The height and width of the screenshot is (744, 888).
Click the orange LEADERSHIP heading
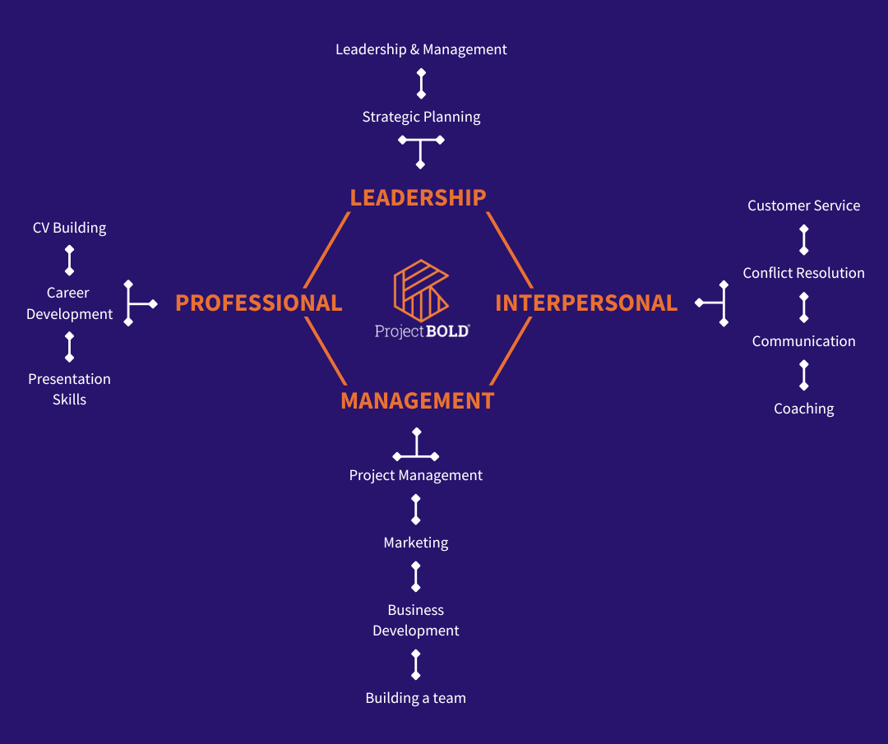pyautogui.click(x=418, y=197)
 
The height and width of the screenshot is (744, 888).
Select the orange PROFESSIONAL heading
pyautogui.click(x=258, y=303)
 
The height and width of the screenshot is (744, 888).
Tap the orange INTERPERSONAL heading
pyautogui.click(x=586, y=303)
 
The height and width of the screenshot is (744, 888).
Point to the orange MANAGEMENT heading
pyautogui.click(x=417, y=400)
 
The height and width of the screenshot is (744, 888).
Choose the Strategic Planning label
pyautogui.click(x=421, y=117)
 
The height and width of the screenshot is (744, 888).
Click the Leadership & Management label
pyautogui.click(x=421, y=49)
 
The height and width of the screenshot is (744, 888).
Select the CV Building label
pyautogui.click(x=69, y=228)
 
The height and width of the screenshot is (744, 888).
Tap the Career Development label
pyautogui.click(x=69, y=303)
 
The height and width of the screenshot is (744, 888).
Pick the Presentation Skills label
pyautogui.click(x=69, y=389)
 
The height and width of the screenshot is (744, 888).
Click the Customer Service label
pyautogui.click(x=803, y=206)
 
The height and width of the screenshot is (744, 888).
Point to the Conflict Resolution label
pyautogui.click(x=803, y=273)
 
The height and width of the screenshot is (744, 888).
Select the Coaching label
pyautogui.click(x=803, y=409)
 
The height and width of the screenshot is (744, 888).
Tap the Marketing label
pyautogui.click(x=415, y=543)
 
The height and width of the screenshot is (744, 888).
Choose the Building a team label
pyautogui.click(x=415, y=698)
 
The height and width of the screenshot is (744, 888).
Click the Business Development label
pyautogui.click(x=415, y=620)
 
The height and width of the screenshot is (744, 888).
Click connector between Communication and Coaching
pyautogui.click(x=804, y=375)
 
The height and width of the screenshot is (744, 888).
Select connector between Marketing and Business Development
pyautogui.click(x=415, y=576)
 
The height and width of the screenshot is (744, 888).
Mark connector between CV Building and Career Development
pyautogui.click(x=69, y=260)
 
